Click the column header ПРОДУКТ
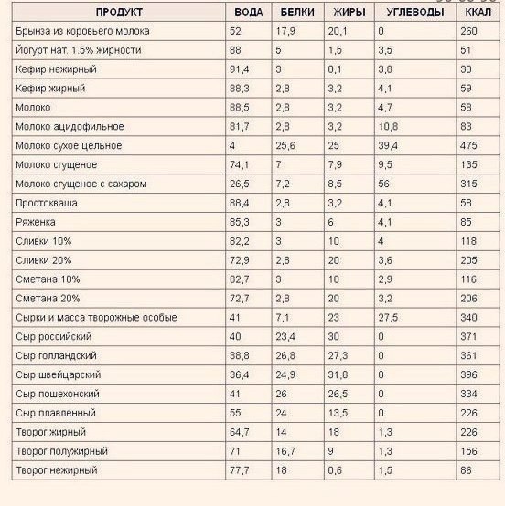(x=116, y=12)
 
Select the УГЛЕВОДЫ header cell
(x=411, y=12)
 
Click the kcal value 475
(x=471, y=146)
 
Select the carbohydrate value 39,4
(x=388, y=146)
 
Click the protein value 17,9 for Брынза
(x=286, y=31)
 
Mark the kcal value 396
(x=471, y=374)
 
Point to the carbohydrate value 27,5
(x=388, y=317)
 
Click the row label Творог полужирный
(x=62, y=451)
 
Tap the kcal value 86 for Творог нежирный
(x=468, y=470)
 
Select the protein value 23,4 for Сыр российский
(x=286, y=336)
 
